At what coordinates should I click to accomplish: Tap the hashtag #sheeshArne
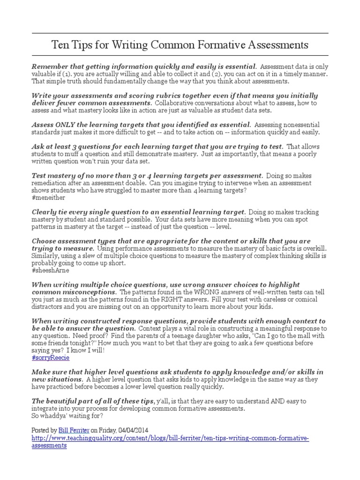pos(50,270)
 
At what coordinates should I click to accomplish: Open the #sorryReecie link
pos(51,357)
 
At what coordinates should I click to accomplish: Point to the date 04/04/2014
pos(142,429)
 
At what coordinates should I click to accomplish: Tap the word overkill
pos(312,248)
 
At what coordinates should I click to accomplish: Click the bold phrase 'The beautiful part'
pos(66,401)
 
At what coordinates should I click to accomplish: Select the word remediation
pos(51,183)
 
